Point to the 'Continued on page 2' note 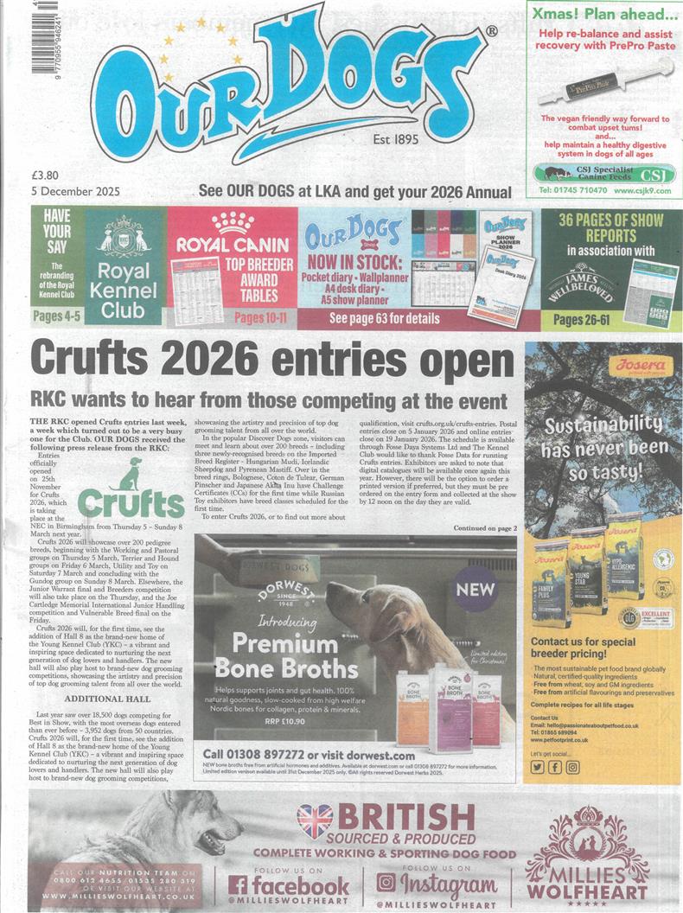click(485, 527)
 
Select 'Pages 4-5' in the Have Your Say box click(59, 316)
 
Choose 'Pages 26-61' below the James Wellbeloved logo click(581, 319)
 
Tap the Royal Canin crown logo click(233, 223)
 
